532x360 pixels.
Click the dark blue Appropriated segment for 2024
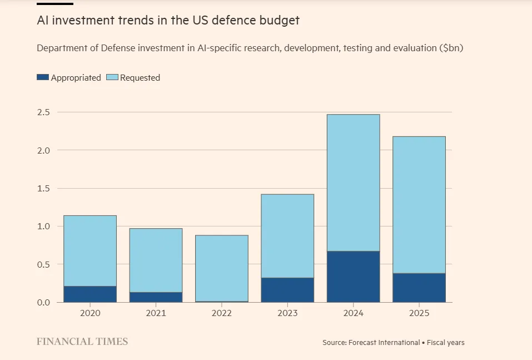354,277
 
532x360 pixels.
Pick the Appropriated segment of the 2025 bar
419,288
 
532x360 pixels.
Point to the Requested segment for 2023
287,236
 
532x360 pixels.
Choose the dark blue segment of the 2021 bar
156,297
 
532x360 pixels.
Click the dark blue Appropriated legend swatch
43,77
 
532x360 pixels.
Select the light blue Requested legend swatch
112,77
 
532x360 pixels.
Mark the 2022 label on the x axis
222,313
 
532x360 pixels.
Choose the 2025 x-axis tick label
419,313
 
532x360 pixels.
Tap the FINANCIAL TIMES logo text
82,342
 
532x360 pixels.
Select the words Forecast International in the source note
384,343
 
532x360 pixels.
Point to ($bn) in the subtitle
451,48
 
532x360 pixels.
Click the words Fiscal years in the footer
446,343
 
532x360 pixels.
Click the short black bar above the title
55,3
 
